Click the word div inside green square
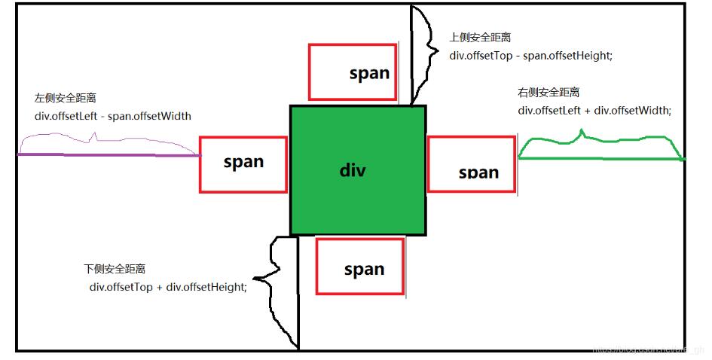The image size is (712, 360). (x=353, y=169)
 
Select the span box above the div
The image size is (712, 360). (x=353, y=72)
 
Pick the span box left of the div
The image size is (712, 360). (x=243, y=164)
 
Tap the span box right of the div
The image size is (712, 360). (x=472, y=164)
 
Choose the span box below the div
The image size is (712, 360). (x=360, y=266)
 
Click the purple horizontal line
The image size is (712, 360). (x=109, y=154)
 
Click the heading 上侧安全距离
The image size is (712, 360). (x=481, y=37)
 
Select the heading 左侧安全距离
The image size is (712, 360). (x=65, y=99)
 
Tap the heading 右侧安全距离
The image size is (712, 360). (x=549, y=92)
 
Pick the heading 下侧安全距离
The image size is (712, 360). (x=115, y=269)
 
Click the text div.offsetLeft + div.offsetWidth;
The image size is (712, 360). (x=594, y=110)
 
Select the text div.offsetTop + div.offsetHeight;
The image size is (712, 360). (x=168, y=286)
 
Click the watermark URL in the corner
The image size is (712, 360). (x=648, y=350)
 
